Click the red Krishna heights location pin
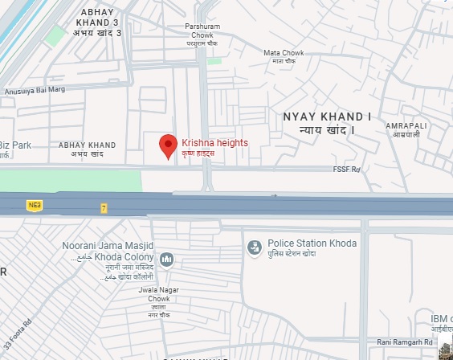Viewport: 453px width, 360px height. [168, 145]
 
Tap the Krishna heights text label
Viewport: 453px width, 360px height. [214, 143]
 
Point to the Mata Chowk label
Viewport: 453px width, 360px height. [283, 57]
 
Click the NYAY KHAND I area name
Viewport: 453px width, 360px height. [328, 123]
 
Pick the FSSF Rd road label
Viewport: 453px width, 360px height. [348, 170]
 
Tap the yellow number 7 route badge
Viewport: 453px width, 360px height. [104, 208]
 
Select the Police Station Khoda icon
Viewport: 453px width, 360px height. [255, 246]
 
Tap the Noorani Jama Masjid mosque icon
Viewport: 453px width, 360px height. [166, 259]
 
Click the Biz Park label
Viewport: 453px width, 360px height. [15, 145]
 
